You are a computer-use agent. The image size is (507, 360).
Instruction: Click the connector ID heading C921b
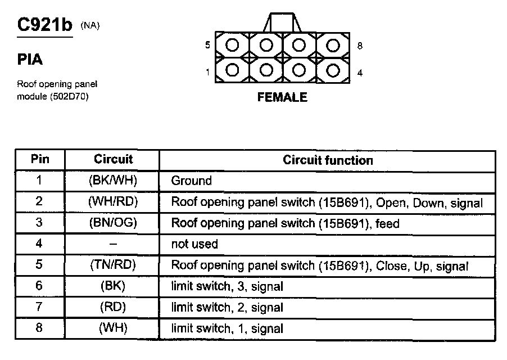point(45,26)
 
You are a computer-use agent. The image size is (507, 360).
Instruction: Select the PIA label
point(30,60)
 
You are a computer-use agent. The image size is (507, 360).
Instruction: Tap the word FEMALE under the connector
point(282,97)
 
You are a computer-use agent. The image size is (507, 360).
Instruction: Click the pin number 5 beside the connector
point(207,46)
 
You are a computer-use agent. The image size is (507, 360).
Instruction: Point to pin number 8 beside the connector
point(359,46)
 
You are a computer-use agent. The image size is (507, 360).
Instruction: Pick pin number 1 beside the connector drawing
point(207,72)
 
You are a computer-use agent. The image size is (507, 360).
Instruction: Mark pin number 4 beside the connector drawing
point(359,72)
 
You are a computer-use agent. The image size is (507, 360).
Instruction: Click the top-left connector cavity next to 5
point(233,44)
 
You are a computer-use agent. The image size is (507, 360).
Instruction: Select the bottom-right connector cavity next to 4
point(332,71)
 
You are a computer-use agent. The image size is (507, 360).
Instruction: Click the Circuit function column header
point(328,160)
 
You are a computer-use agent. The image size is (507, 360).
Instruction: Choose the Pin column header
point(40,159)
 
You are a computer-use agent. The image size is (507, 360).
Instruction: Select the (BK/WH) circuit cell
point(113,181)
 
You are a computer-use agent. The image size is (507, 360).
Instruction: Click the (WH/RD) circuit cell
point(113,201)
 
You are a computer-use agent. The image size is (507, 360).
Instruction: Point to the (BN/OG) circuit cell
point(113,223)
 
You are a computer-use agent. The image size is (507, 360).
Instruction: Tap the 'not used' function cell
point(194,244)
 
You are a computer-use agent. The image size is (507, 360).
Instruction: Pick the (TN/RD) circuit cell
point(113,265)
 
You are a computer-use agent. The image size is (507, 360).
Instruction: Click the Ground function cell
point(191,181)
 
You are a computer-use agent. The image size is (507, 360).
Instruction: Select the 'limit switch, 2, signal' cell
point(227,308)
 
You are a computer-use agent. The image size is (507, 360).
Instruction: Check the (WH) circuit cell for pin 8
point(113,328)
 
